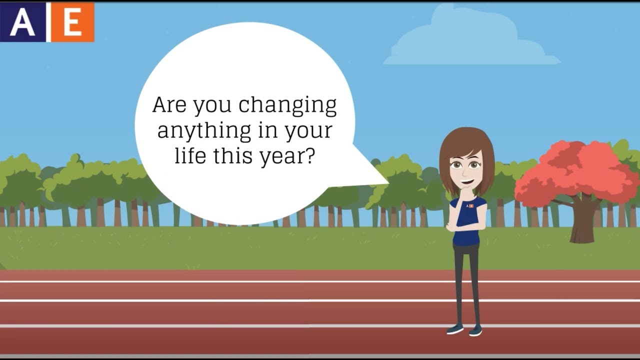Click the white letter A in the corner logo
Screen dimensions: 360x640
(x=22, y=22)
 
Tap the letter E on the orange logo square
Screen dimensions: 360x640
(x=72, y=22)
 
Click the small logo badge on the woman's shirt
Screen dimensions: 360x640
(x=469, y=205)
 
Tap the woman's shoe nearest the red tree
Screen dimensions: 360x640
(x=475, y=330)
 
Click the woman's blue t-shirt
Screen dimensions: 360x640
(x=467, y=225)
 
